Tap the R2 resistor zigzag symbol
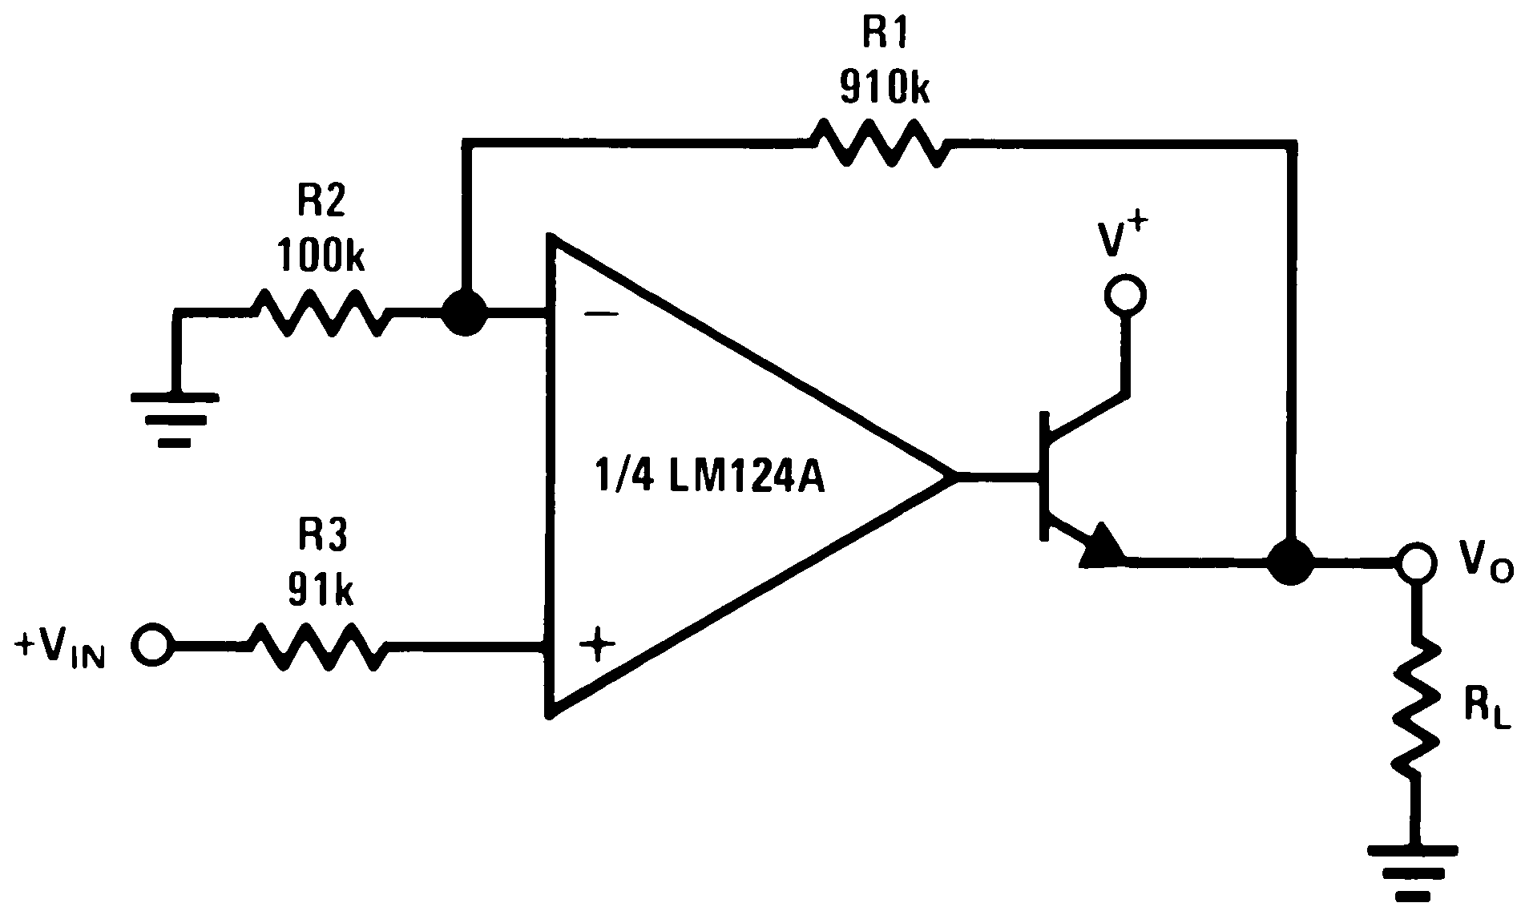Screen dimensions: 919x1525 (321, 312)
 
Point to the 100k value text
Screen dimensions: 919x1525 (321, 256)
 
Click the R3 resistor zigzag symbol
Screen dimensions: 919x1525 (321, 647)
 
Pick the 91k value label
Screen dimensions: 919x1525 (321, 590)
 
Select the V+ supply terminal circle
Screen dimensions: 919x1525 (1124, 295)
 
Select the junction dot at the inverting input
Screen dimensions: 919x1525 (465, 312)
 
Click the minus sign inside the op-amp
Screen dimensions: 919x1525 (601, 315)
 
